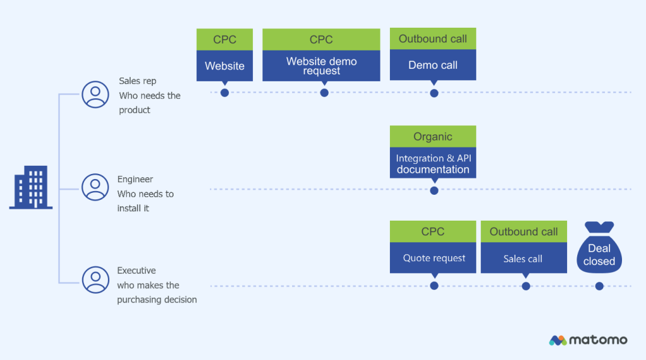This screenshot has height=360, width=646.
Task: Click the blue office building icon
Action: click(31, 188)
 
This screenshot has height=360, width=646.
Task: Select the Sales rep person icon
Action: click(95, 95)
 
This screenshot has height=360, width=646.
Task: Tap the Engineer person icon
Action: click(95, 187)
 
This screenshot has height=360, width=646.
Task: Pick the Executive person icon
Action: click(95, 279)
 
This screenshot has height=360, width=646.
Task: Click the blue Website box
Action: click(225, 66)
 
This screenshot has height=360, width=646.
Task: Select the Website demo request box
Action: click(321, 66)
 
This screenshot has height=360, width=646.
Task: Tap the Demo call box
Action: click(433, 65)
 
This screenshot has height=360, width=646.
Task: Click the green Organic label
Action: click(433, 136)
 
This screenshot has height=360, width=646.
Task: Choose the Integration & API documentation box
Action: click(433, 163)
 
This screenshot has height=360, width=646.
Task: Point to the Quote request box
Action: click(433, 258)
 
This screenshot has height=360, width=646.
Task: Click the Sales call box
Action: click(523, 258)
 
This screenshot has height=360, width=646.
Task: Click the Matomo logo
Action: click(588, 340)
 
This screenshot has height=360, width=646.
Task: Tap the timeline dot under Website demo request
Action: click(324, 93)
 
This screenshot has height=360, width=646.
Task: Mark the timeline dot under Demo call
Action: click(434, 93)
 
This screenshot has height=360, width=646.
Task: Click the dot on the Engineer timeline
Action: click(434, 190)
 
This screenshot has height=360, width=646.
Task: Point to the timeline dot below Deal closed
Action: click(599, 286)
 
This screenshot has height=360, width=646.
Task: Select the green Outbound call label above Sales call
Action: click(523, 231)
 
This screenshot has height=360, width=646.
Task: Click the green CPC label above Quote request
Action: click(433, 231)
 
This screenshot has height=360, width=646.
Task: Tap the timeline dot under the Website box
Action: click(225, 93)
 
